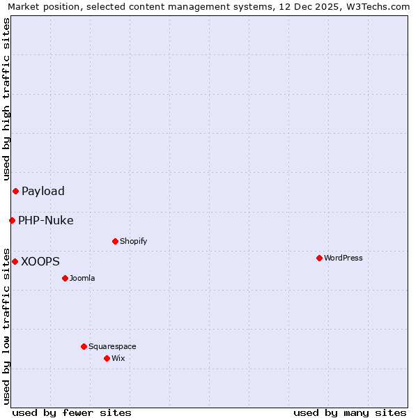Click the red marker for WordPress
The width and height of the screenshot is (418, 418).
tap(319, 258)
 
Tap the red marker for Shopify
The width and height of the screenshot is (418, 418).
tap(115, 241)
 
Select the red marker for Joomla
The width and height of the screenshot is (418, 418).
tap(65, 278)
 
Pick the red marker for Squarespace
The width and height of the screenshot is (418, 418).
tap(84, 346)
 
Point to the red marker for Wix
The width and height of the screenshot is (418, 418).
tap(107, 358)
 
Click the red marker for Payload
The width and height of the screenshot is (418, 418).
tap(15, 191)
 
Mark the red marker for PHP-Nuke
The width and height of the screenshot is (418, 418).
tap(12, 220)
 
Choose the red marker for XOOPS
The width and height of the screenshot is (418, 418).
tap(15, 261)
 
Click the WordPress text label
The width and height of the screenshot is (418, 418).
tap(343, 258)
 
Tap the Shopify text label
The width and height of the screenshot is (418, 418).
tap(134, 241)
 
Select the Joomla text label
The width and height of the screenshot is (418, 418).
tap(82, 278)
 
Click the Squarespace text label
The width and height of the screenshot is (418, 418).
tap(112, 346)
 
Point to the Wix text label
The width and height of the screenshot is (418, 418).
tap(118, 358)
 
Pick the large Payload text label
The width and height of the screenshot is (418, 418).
tap(43, 191)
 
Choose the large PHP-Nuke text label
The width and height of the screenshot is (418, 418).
tap(46, 220)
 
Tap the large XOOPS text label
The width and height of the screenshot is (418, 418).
tap(40, 261)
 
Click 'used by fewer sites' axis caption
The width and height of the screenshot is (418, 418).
tap(72, 412)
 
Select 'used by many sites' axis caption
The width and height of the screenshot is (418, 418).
tap(350, 412)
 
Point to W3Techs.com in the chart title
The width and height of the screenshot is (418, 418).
tap(377, 6)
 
